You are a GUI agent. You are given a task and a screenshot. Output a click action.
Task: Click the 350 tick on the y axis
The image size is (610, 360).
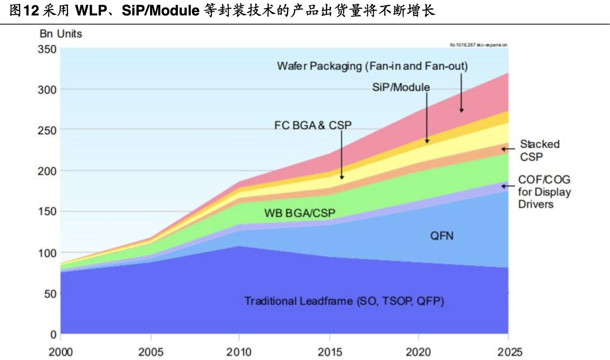(x=47, y=49)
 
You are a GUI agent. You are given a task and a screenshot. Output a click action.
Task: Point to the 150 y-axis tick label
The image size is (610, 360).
(x=47, y=211)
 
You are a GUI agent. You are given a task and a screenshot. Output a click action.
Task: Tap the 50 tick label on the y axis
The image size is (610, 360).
(x=50, y=293)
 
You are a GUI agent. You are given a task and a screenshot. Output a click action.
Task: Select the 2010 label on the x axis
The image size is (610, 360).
(x=239, y=351)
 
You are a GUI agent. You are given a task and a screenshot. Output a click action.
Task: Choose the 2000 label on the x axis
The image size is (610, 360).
(x=61, y=351)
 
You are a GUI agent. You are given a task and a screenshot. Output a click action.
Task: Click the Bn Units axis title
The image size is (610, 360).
(x=60, y=34)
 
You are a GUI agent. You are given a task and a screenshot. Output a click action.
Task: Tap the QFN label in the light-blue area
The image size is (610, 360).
(x=442, y=236)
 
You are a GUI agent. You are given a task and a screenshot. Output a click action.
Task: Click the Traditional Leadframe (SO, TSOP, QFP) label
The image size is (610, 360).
(x=344, y=302)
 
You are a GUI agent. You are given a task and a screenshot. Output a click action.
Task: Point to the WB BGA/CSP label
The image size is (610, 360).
(x=299, y=212)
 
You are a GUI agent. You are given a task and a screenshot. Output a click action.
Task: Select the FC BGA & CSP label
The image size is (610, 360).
(x=313, y=125)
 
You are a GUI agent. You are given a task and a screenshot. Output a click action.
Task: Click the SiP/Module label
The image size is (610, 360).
(x=401, y=87)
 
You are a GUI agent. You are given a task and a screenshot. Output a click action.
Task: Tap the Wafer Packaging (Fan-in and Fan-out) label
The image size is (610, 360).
(x=372, y=66)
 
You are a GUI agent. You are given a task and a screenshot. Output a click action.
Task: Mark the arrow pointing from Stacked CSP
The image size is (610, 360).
(x=509, y=149)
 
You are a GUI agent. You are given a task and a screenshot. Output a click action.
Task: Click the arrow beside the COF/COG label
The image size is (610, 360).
(x=509, y=186)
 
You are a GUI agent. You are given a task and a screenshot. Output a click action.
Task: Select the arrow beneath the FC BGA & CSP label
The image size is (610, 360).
(x=342, y=154)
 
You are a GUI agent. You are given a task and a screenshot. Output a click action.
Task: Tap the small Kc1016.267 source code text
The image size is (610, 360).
(x=478, y=45)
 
